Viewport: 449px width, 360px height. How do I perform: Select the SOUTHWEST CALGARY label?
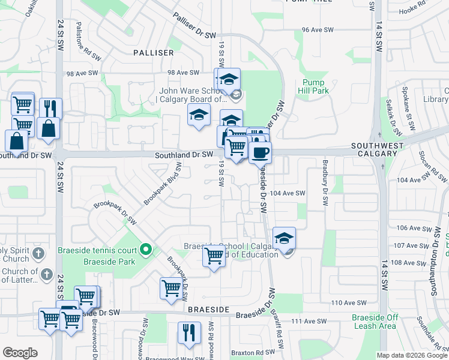click(x=374, y=149)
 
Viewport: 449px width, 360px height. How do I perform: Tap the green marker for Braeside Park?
click(x=145, y=248)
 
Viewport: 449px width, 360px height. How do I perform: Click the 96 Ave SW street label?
click(x=317, y=29)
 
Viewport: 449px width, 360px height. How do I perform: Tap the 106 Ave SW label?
click(x=411, y=228)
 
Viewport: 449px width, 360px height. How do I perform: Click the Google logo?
click(x=20, y=353)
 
